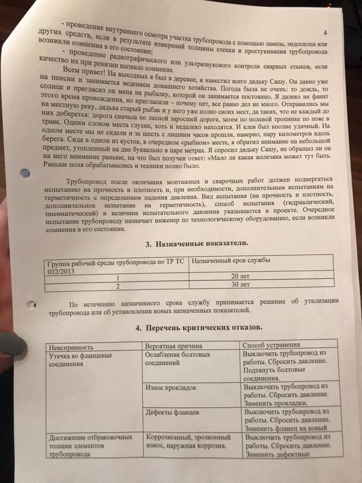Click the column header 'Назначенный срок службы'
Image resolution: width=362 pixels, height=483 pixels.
pyautogui.click(x=231, y=261)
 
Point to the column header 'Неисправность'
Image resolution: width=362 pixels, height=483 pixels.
pyautogui.click(x=71, y=346)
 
